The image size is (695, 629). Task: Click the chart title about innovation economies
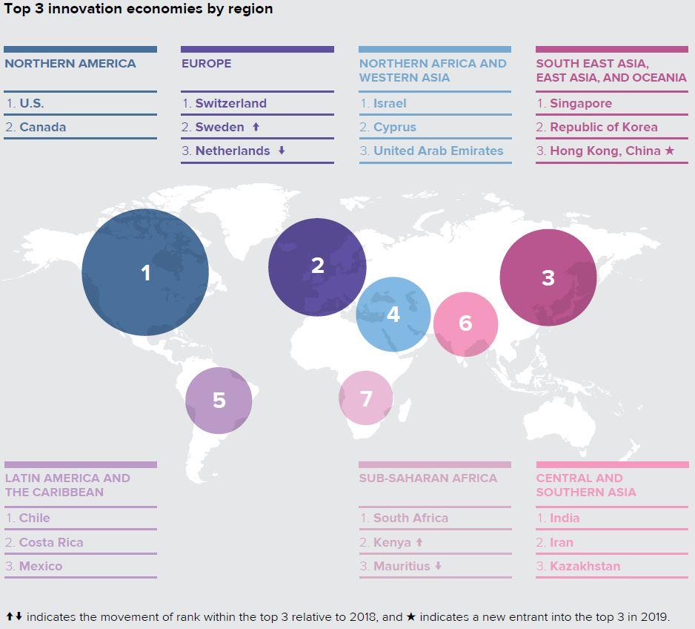click(x=139, y=9)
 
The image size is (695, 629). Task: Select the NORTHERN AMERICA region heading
click(x=70, y=63)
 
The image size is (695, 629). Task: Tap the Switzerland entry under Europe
click(x=230, y=103)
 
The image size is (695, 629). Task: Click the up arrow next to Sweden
click(x=256, y=127)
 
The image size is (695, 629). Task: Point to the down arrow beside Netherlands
click(x=282, y=151)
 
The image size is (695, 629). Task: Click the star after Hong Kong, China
click(x=670, y=151)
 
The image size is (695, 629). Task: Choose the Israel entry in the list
click(x=390, y=103)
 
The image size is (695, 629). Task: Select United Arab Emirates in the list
click(x=438, y=151)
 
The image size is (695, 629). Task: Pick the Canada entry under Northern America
click(x=42, y=127)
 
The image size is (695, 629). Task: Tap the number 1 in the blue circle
click(x=146, y=273)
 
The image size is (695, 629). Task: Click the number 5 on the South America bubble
click(x=219, y=401)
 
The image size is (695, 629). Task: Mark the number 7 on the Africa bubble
click(x=366, y=398)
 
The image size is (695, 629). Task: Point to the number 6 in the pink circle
click(x=465, y=323)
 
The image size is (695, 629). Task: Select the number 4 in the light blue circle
click(x=393, y=314)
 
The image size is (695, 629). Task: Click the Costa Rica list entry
click(x=51, y=542)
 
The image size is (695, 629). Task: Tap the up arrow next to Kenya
click(x=419, y=542)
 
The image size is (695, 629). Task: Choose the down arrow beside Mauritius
click(x=438, y=566)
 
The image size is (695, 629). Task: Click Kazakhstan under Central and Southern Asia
click(x=585, y=566)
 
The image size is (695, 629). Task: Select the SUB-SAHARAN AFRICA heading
click(x=428, y=478)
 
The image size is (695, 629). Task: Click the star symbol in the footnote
click(x=410, y=616)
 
